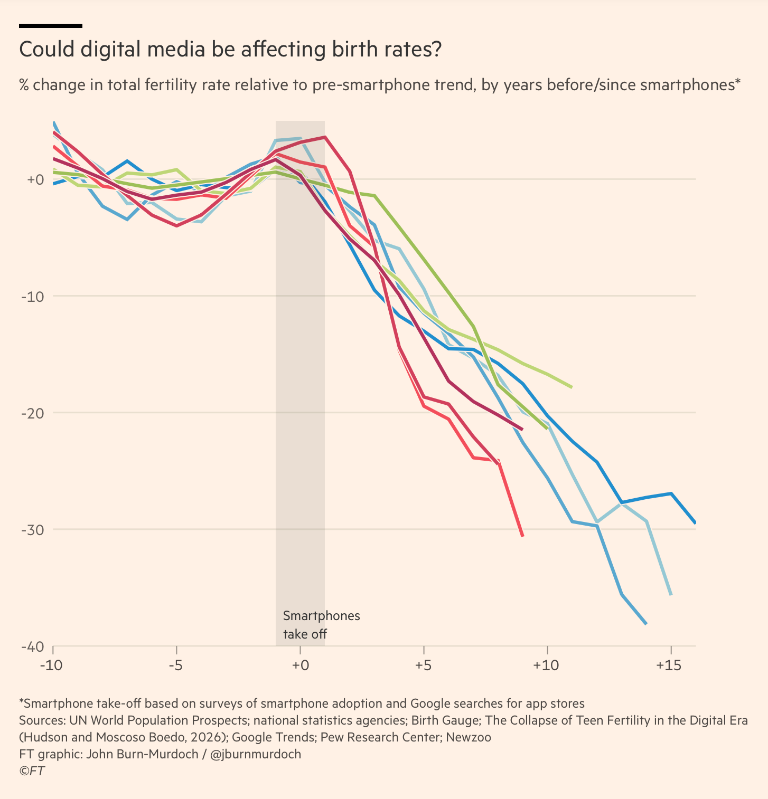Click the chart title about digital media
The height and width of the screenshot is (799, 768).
[x=230, y=50]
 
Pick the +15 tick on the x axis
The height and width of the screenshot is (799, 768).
[x=670, y=665]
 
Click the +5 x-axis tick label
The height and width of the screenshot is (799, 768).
[x=423, y=665]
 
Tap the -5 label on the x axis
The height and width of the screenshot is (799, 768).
[x=176, y=665]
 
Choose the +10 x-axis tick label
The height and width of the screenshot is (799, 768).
[x=547, y=665]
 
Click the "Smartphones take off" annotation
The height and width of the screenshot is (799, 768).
[x=321, y=625]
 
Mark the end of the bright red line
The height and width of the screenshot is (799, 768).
[x=522, y=536]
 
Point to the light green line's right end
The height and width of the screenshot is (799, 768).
[x=572, y=387]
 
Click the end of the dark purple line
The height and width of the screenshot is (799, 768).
[x=522, y=430]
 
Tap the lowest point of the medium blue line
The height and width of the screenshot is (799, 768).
[x=645, y=624]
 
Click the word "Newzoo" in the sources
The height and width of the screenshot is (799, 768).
[x=469, y=737]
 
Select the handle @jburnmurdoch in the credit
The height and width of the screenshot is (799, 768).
[x=256, y=754]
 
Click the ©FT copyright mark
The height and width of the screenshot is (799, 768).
[x=32, y=771]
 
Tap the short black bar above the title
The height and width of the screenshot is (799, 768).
[x=51, y=25]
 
